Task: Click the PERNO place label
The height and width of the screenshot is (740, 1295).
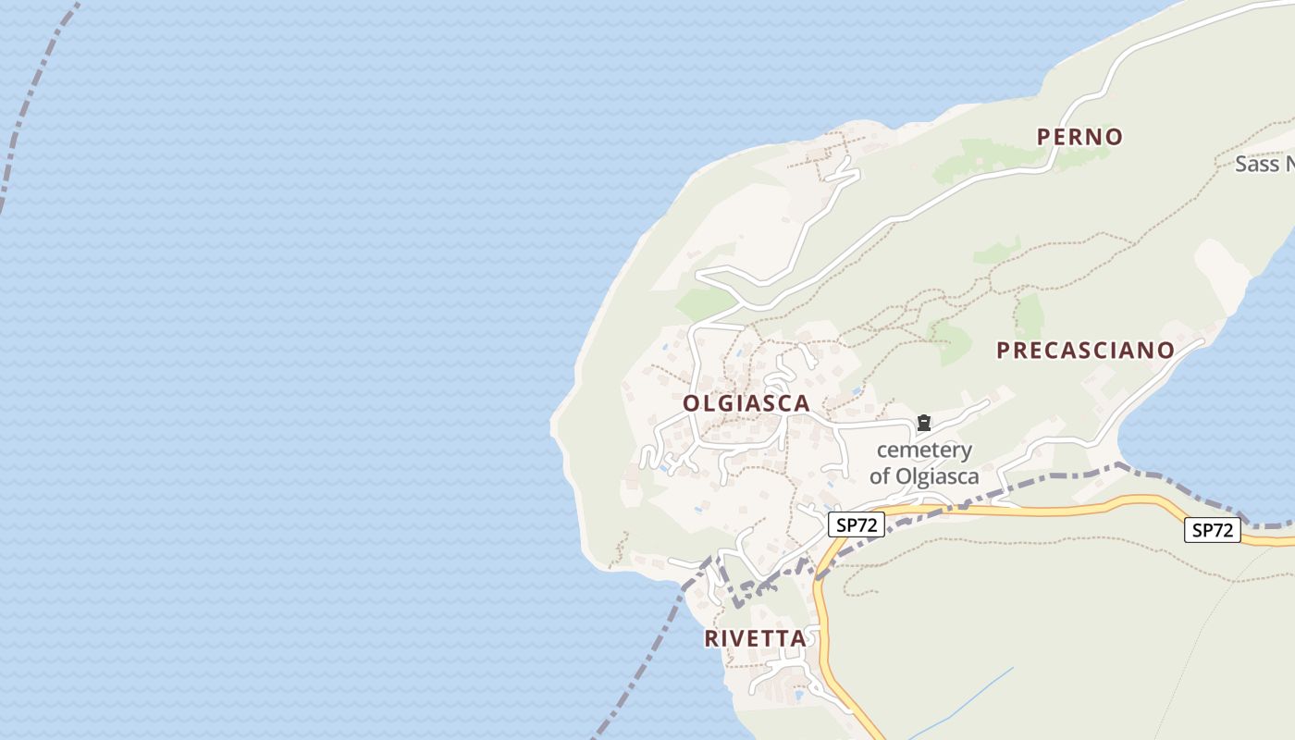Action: [x=1079, y=137]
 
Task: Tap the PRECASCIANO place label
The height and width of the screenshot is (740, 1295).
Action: [x=1085, y=351]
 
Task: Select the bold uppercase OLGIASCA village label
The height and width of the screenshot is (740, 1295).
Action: [x=746, y=403]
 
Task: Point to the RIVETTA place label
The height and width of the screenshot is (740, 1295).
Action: [x=755, y=638]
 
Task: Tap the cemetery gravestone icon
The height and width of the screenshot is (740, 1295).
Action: [x=923, y=424]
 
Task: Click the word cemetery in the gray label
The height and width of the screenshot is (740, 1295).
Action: [x=924, y=450]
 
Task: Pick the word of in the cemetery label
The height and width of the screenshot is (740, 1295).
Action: [x=880, y=476]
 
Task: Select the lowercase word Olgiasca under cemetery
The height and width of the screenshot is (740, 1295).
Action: [x=936, y=476]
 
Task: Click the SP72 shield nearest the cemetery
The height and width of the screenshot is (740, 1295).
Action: [x=856, y=525]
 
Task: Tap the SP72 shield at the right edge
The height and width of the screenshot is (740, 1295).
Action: [x=1213, y=530]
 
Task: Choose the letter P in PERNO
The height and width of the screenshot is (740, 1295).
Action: [x=1044, y=137]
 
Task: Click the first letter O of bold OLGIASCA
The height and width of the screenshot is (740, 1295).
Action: [x=691, y=403]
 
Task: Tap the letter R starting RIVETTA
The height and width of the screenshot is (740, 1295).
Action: [x=711, y=638]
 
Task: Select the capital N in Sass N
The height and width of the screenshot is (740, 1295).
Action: [x=1288, y=165]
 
